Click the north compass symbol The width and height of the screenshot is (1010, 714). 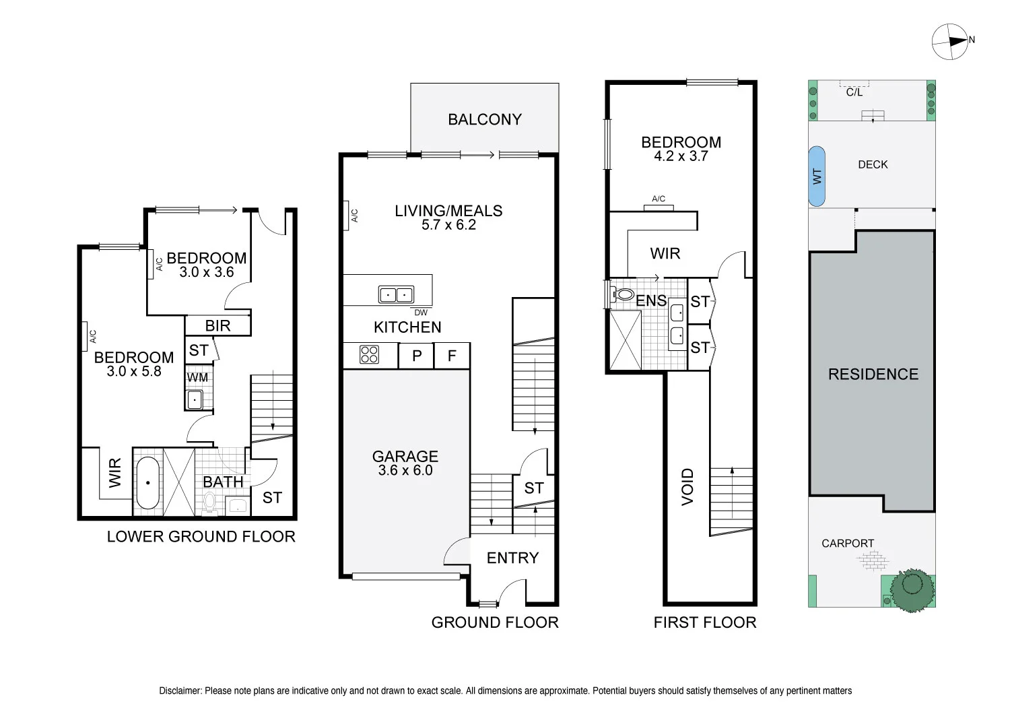(x=950, y=41)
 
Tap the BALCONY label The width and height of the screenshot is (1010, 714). (x=485, y=120)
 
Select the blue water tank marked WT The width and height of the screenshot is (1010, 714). (x=816, y=176)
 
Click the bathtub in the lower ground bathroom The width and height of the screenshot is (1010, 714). (x=147, y=484)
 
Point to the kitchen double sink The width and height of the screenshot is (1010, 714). (x=395, y=295)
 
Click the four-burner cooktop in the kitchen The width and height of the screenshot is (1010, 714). (x=369, y=355)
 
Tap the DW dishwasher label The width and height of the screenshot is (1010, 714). (x=421, y=313)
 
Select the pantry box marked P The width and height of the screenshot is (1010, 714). (x=417, y=356)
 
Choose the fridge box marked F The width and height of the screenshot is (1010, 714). (x=452, y=356)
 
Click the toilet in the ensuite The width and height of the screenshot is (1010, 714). (x=623, y=294)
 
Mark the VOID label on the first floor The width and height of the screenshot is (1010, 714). (x=687, y=486)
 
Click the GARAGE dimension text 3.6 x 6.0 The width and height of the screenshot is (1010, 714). (x=405, y=471)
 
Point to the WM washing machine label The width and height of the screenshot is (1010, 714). (x=197, y=378)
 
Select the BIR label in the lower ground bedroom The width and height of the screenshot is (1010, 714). (x=217, y=326)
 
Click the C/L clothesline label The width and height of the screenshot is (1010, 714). (x=854, y=92)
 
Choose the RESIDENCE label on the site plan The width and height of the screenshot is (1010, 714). (x=873, y=375)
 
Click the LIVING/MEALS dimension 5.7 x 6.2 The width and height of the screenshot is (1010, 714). (x=448, y=225)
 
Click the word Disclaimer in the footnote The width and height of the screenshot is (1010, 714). (x=180, y=690)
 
